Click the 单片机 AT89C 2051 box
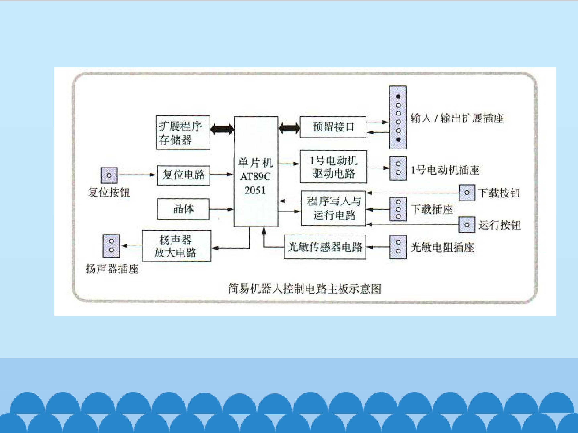click(256, 171)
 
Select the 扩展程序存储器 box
click(183, 133)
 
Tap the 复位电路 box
click(183, 175)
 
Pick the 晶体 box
click(183, 209)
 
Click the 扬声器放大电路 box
click(177, 246)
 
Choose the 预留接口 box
click(333, 127)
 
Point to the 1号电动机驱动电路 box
click(333, 167)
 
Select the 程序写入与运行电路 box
click(333, 208)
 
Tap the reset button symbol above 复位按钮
click(109, 175)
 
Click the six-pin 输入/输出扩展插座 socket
click(398, 117)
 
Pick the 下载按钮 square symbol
click(467, 193)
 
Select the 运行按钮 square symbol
click(467, 225)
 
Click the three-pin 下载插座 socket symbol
click(398, 209)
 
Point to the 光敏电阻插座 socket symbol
click(398, 247)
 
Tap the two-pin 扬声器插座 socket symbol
click(111, 246)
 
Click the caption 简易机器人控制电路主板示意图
click(305, 289)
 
